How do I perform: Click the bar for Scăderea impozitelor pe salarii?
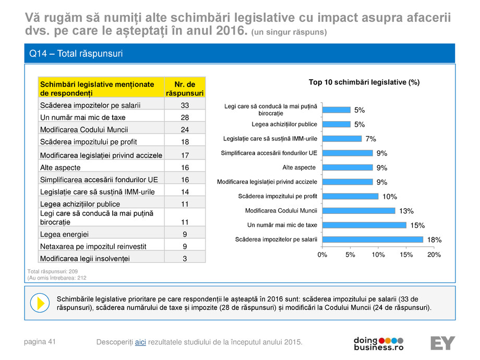tap(373, 239)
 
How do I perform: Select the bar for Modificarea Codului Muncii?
tap(358, 211)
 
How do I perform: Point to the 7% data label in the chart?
tap(370, 139)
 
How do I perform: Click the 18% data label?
tap(434, 240)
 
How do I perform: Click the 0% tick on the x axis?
tap(322, 255)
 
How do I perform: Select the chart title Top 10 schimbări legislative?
tap(364, 82)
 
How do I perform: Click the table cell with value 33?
tap(185, 105)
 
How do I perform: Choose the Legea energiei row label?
tap(64, 234)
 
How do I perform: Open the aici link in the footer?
tap(140, 342)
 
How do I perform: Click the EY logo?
tap(442, 343)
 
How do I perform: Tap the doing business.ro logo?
tap(378, 343)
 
